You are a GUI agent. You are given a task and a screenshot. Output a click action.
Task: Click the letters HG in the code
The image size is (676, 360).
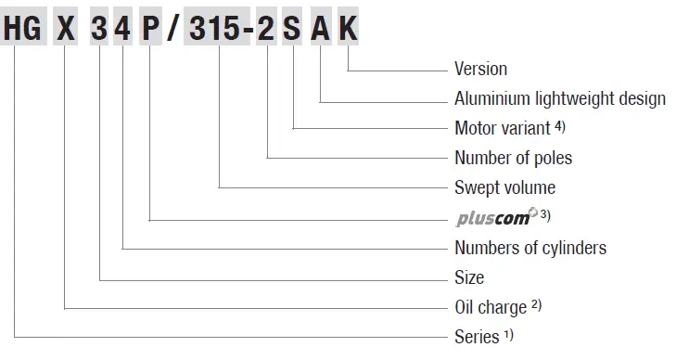(x=22, y=31)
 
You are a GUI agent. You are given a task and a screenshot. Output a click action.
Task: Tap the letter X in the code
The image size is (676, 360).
(x=65, y=31)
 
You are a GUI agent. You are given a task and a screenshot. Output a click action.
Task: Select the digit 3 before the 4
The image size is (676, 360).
(x=99, y=31)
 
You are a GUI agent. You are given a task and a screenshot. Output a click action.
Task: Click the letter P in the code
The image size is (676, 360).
(x=150, y=31)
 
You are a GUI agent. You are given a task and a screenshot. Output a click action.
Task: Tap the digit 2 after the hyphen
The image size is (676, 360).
(x=268, y=31)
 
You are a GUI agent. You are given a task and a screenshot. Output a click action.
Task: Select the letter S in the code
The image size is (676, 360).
(x=293, y=31)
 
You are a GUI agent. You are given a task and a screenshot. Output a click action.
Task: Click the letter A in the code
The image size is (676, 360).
(x=320, y=31)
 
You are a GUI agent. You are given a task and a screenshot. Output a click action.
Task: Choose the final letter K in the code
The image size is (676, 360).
(x=348, y=31)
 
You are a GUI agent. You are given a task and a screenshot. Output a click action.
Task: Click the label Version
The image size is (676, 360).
(x=480, y=69)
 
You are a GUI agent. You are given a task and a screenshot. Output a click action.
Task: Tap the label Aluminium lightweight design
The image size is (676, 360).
(x=559, y=98)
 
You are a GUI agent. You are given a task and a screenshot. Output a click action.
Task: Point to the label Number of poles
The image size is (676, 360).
(x=513, y=158)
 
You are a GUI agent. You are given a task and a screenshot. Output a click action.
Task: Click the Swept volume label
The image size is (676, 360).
(x=504, y=187)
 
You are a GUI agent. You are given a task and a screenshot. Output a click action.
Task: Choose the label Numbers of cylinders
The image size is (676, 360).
(x=529, y=248)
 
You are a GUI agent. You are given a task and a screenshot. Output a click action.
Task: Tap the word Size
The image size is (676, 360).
(x=469, y=277)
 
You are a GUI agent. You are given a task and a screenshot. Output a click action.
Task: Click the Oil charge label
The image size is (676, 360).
(x=491, y=307)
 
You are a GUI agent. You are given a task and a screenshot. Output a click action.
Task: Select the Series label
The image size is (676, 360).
(x=477, y=337)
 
